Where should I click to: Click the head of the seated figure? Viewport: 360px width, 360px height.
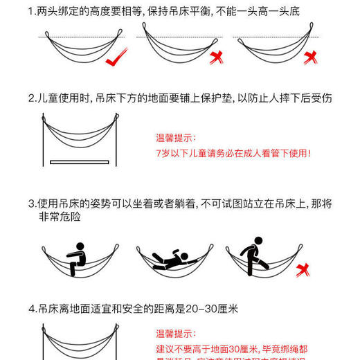coord(79,245)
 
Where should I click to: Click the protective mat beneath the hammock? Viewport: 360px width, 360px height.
coord(80,162)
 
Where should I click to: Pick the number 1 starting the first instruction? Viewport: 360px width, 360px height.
coord(31,12)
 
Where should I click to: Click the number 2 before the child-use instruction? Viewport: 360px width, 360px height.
coord(31,98)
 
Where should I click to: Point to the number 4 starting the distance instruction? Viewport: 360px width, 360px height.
coord(31,309)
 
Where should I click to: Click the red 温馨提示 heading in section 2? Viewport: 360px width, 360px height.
coord(177,138)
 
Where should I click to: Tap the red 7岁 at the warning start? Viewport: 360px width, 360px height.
coord(163,153)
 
